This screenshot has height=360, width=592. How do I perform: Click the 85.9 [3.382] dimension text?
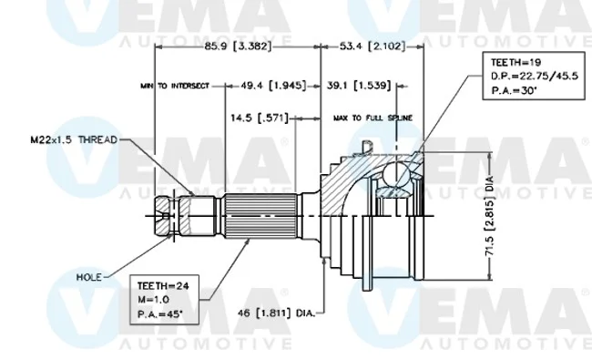click(x=238, y=46)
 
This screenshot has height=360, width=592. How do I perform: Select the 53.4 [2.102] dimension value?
click(x=373, y=46)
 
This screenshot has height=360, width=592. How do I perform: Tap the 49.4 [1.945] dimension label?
click(x=273, y=86)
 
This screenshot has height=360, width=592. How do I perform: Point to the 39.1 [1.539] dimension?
click(x=359, y=86)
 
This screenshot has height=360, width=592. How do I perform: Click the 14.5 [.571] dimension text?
click(x=260, y=118)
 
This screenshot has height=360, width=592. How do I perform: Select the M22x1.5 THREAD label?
click(x=74, y=139)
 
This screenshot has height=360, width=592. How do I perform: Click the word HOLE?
click(x=89, y=277)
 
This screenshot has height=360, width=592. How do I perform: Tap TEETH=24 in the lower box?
click(x=163, y=286)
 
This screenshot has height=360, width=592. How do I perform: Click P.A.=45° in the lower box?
click(x=159, y=314)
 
